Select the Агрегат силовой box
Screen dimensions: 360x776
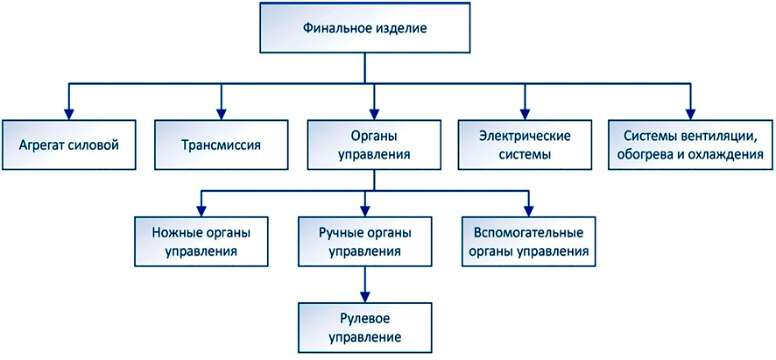[69, 143]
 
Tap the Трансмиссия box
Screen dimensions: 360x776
[221, 143]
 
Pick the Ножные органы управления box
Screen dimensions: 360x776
[201, 241]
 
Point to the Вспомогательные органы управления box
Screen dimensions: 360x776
[528, 241]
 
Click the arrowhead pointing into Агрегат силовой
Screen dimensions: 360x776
[69, 111]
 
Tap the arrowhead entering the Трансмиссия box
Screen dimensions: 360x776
[221, 111]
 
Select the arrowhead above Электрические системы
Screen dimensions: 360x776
[526, 111]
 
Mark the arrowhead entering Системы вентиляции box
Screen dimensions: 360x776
[690, 111]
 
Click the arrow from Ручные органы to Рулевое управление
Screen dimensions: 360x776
[364, 285]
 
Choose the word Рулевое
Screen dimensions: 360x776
[364, 319]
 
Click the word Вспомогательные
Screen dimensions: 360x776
[528, 232]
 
